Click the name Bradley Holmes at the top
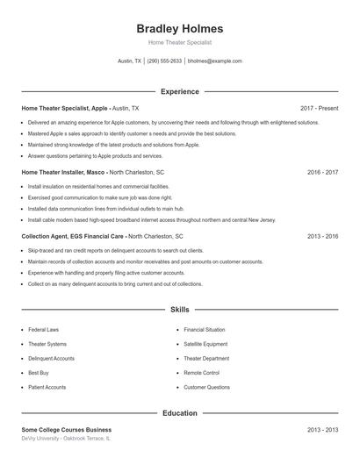click(179, 29)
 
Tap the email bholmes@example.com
click(214, 61)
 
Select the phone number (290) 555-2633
click(164, 61)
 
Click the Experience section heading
click(179, 91)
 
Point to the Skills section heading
click(179, 310)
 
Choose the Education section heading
click(179, 412)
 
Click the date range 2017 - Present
click(319, 108)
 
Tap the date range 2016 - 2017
click(322, 173)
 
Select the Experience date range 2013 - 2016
click(322, 237)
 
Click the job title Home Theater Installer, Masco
click(63, 173)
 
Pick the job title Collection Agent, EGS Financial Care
click(73, 237)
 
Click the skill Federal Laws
click(43, 330)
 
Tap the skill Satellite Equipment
click(205, 344)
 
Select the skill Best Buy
click(39, 373)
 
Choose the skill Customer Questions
click(206, 387)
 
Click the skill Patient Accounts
click(47, 387)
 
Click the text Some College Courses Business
click(67, 430)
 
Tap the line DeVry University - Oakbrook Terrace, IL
click(67, 438)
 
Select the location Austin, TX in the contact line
click(129, 61)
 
